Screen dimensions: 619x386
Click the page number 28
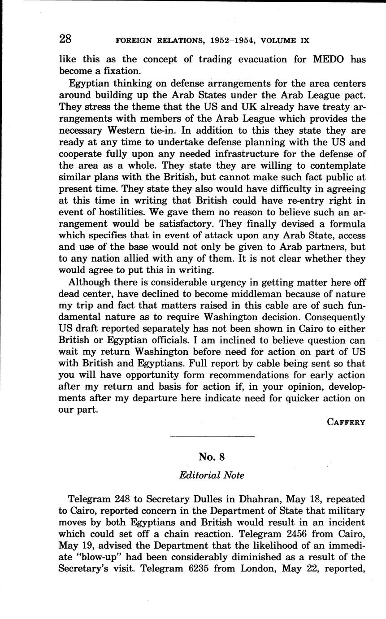point(65,39)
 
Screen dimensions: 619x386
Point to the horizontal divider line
point(213,436)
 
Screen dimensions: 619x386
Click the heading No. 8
point(212,457)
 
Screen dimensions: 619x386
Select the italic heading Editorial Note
point(212,475)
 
